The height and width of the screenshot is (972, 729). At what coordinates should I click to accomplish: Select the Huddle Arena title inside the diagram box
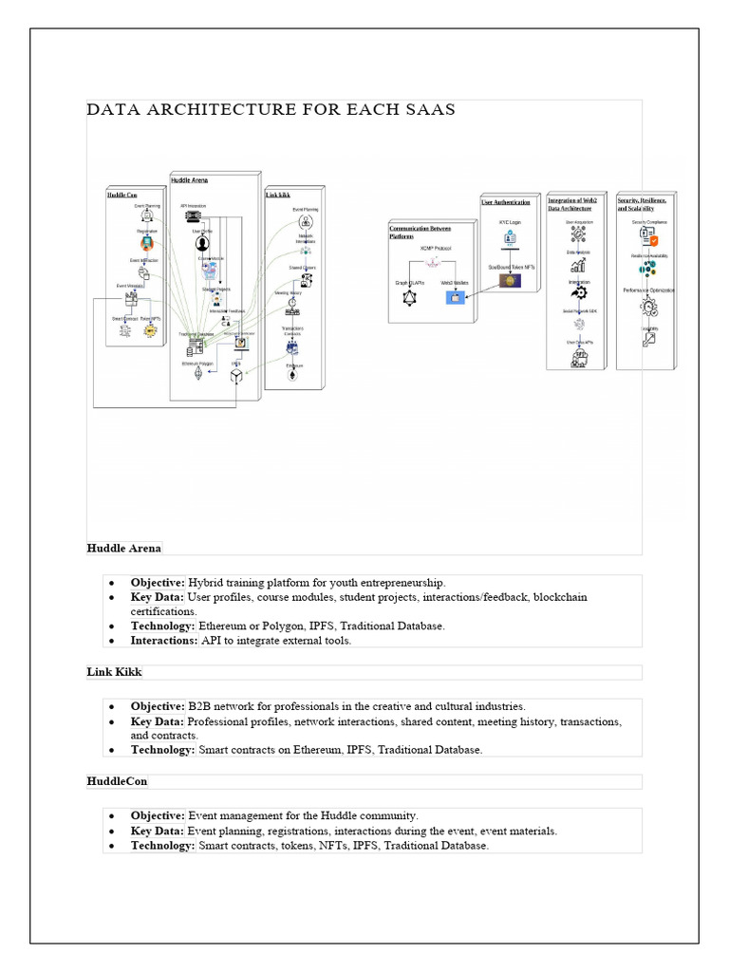(190, 179)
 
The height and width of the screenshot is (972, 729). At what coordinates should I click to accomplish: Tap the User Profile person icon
(201, 244)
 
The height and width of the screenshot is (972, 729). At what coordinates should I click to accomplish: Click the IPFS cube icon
(235, 377)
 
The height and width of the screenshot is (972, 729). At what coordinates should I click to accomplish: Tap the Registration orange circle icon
(147, 242)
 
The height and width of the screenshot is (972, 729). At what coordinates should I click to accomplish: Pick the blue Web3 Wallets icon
(455, 298)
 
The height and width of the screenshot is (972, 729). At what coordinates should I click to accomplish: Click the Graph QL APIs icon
(410, 298)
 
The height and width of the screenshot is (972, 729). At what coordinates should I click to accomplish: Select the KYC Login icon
(510, 238)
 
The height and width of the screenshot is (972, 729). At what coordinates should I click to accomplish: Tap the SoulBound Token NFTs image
(510, 281)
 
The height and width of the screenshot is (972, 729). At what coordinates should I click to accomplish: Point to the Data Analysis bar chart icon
(578, 266)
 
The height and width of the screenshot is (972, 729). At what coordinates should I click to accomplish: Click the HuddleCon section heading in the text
(117, 781)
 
